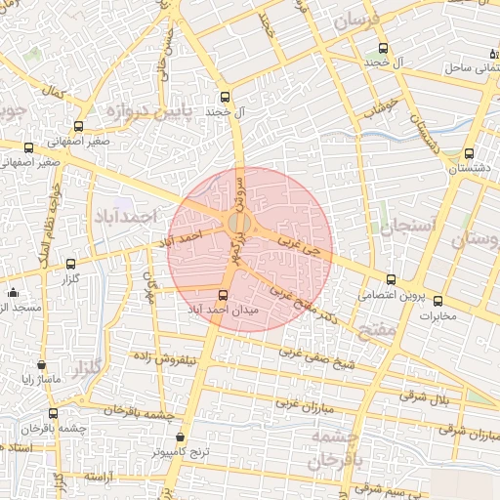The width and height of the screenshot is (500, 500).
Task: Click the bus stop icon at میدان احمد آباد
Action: click(x=224, y=295)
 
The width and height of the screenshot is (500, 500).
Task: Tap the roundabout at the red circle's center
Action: click(x=237, y=224)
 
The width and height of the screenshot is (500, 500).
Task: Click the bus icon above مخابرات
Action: click(x=437, y=301)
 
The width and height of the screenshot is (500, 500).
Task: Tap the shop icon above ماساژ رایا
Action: click(x=41, y=364)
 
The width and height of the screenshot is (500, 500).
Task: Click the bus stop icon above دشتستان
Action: click(x=470, y=153)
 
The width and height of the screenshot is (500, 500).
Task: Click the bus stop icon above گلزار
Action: click(x=70, y=264)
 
